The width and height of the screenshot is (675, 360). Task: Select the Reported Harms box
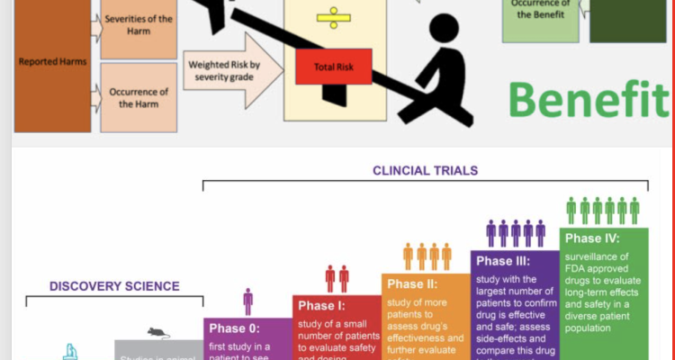[50, 62]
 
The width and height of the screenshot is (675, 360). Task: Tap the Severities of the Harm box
[139, 25]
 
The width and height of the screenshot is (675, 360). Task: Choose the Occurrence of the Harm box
[139, 96]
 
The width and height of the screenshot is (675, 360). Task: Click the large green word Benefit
[590, 97]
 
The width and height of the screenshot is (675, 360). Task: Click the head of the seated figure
[446, 29]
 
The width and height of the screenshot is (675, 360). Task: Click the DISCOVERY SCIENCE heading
[114, 286]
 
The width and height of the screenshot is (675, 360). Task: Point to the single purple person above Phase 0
[247, 301]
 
